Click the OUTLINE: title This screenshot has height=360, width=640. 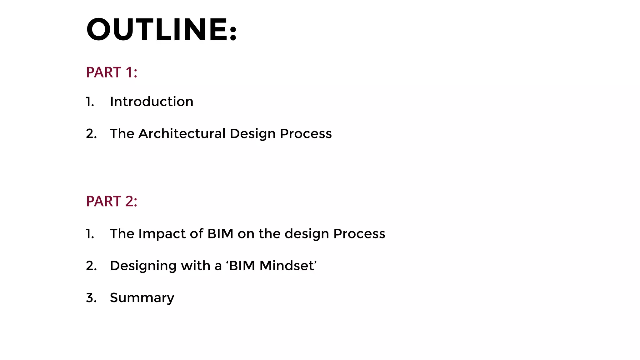162,30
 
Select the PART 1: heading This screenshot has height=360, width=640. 112,72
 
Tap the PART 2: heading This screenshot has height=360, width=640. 112,201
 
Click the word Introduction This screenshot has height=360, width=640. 152,102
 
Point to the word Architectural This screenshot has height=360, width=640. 182,134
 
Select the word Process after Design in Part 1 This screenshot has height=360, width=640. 306,134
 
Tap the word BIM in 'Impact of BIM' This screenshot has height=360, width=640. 220,234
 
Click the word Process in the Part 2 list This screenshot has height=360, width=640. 359,234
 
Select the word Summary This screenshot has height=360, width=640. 142,298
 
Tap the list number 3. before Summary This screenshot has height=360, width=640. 91,298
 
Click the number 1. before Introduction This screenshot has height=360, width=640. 90,102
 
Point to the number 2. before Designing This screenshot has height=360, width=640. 91,266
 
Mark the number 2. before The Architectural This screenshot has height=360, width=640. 91,134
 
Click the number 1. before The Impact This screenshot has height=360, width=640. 90,234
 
